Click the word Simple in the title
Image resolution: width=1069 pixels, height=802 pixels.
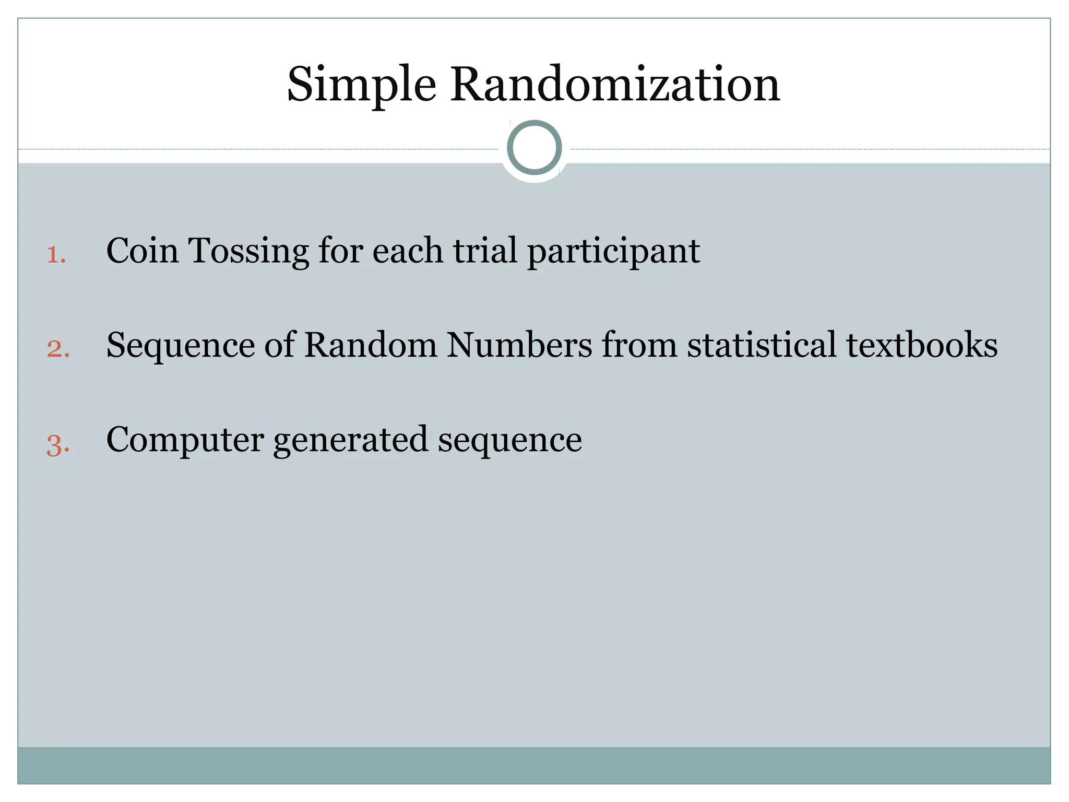tap(361, 85)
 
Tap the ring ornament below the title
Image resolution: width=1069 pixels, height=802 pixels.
tap(534, 147)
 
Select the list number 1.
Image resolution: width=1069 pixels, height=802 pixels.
tap(56, 255)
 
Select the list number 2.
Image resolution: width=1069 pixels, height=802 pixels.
tap(58, 349)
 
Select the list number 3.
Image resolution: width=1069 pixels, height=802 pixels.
tap(58, 445)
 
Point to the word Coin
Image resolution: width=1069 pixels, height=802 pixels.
tap(142, 251)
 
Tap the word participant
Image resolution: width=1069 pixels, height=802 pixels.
tap(613, 252)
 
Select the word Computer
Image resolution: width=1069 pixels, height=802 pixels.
tap(185, 440)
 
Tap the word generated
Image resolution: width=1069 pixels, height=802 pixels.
tap(350, 440)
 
